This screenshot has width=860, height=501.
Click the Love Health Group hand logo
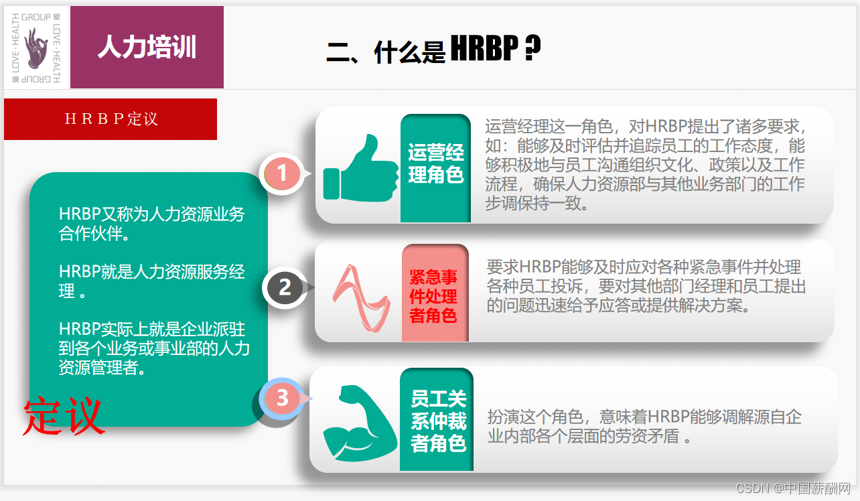click(x=36, y=48)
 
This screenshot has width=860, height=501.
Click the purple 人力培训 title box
click(x=147, y=48)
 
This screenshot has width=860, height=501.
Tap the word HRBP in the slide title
click(x=484, y=49)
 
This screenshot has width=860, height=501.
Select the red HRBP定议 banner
click(x=111, y=119)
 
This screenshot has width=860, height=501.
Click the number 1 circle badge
click(x=282, y=173)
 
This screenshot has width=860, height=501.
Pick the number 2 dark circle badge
click(x=285, y=287)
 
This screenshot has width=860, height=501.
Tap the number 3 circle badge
click(x=282, y=398)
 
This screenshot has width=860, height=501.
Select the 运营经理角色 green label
click(x=436, y=164)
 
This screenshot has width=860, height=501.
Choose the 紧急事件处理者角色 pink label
click(x=433, y=296)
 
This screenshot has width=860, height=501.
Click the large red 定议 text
click(x=64, y=417)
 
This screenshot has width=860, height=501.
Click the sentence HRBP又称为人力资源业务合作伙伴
click(x=152, y=224)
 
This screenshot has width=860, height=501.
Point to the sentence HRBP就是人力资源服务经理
click(x=152, y=281)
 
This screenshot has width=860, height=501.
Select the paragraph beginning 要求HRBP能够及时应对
click(x=646, y=286)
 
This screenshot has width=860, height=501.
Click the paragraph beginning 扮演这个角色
click(x=644, y=427)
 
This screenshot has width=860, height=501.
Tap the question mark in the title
click(x=532, y=49)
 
